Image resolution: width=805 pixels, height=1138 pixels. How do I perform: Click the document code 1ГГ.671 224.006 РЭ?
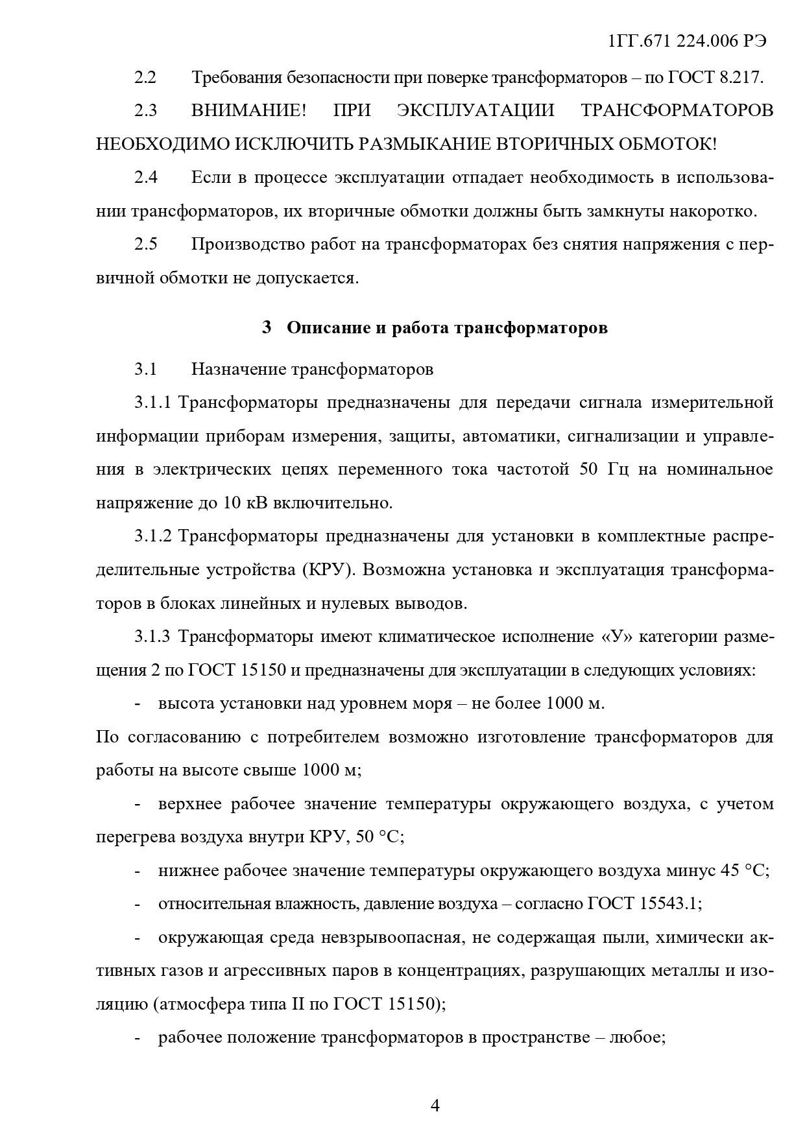[x=687, y=41]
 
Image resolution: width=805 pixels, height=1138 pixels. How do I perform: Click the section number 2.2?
[x=145, y=77]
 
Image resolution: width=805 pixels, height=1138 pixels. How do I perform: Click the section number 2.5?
[x=145, y=244]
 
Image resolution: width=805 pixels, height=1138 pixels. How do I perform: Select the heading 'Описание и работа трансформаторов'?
[x=447, y=327]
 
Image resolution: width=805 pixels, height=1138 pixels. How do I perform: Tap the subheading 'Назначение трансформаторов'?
[x=312, y=370]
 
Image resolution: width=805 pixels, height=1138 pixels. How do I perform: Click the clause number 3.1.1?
[x=152, y=403]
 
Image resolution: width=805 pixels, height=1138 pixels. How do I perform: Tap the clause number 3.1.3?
[x=152, y=637]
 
